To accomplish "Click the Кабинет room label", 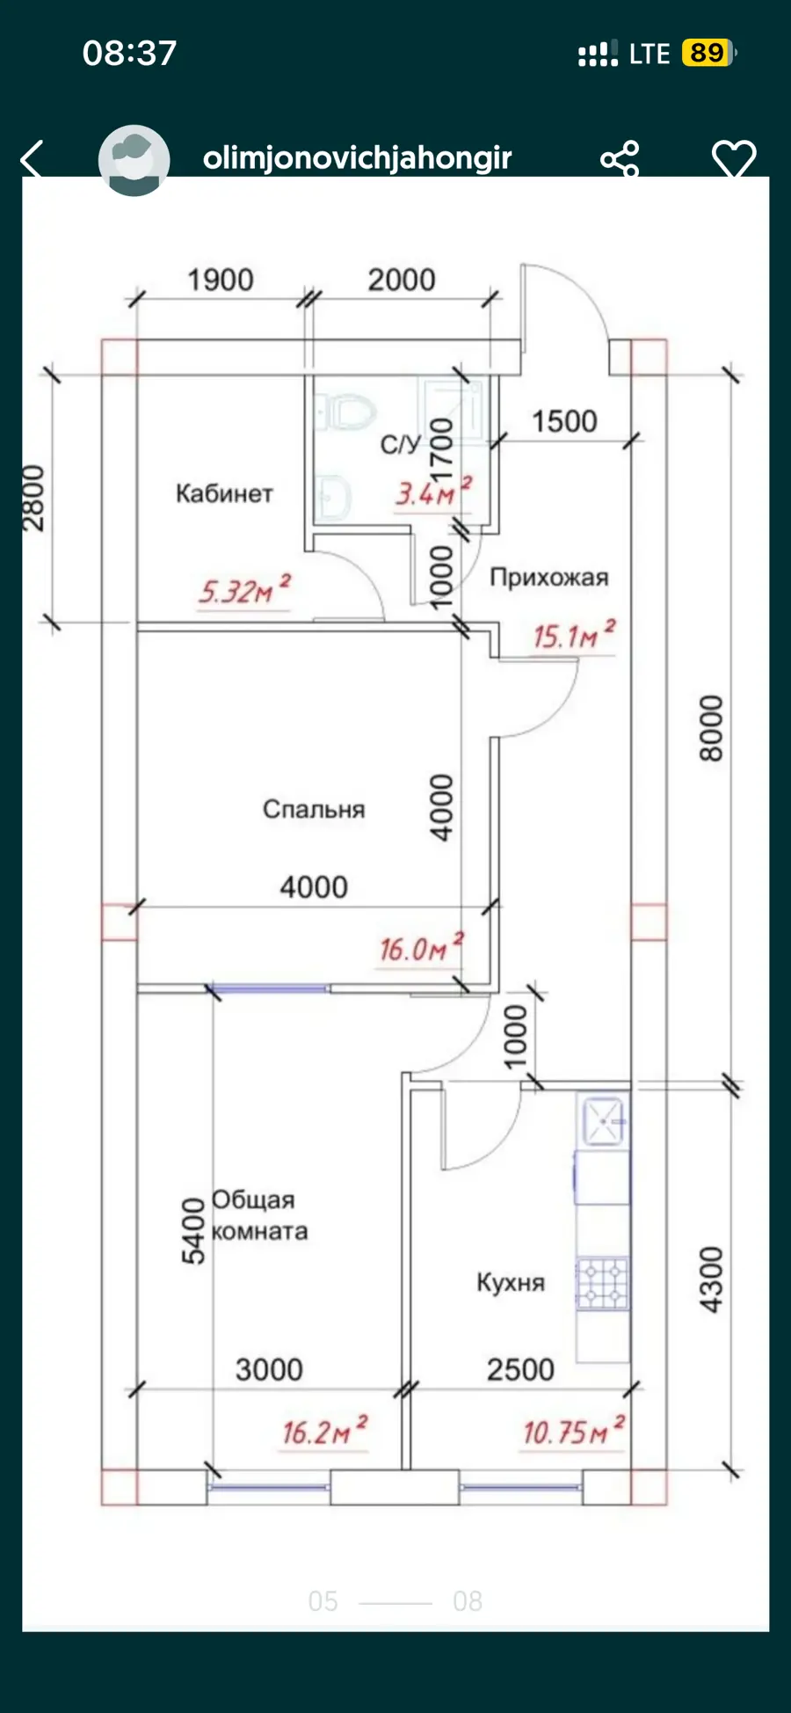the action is coord(224,493).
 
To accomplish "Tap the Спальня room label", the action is coord(314,809).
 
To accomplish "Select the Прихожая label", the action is coord(549,577).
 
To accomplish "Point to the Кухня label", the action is coord(511,1282).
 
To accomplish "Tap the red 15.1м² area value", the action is coord(574,634).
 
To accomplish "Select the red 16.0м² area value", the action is coord(421,947).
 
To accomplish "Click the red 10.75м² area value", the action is coord(574,1432).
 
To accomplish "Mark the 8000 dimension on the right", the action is coord(711,728).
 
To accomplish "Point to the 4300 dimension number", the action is coord(711,1279).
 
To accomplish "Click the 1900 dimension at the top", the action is coord(221,280).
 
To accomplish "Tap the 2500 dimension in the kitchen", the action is coord(520,1369).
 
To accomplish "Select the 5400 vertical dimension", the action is coord(193,1231).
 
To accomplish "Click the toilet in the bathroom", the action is coord(345,412).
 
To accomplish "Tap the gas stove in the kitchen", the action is coord(603,1284).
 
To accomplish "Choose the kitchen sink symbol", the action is coord(603,1121).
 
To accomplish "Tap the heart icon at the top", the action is coord(734,159).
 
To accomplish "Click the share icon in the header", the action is coord(620,159).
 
